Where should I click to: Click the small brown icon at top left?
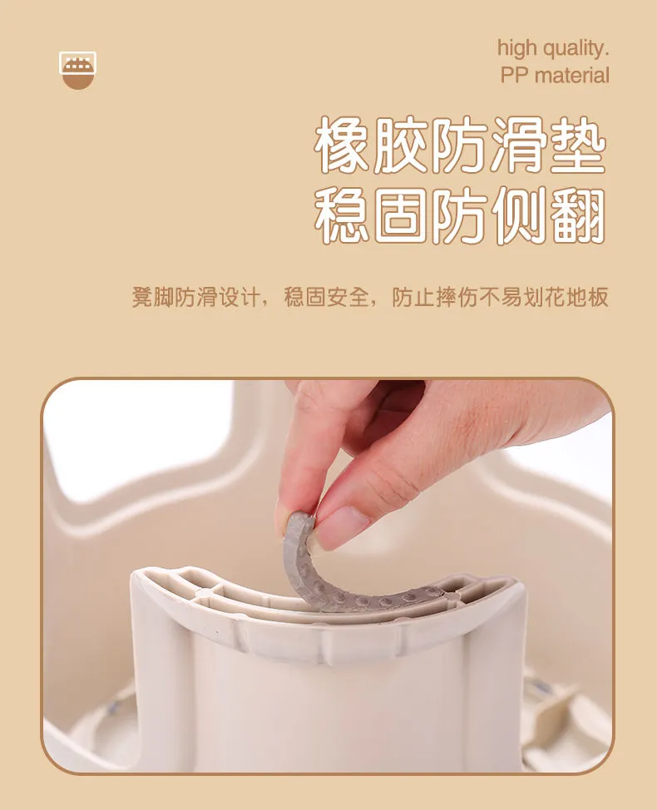tap(77, 70)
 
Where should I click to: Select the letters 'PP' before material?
tap(515, 76)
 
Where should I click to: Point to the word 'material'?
tap(572, 76)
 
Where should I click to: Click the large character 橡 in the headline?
tap(343, 144)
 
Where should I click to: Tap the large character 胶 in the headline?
tap(402, 144)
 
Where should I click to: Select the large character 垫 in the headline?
tap(577, 144)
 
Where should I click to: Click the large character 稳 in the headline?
tap(343, 216)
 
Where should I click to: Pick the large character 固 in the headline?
tap(402, 216)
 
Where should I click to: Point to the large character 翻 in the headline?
tap(577, 216)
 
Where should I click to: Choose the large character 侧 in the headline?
tap(519, 216)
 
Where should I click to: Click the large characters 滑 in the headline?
tap(519, 144)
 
